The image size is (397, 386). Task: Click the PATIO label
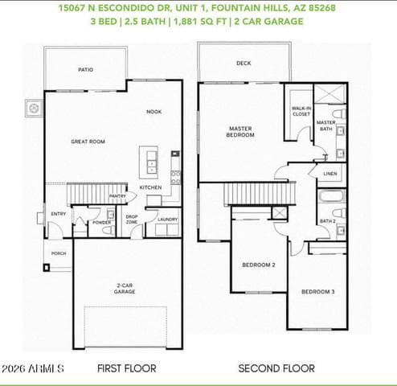[x=86, y=70]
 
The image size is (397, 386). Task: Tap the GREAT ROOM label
[x=88, y=142]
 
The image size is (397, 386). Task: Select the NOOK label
[x=154, y=112]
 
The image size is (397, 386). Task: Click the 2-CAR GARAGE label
[x=125, y=289]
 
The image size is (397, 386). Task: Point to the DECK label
[x=244, y=64]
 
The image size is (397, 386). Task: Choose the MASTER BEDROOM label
[x=240, y=132]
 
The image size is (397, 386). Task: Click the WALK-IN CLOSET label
[x=301, y=111]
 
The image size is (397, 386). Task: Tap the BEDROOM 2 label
[x=259, y=265]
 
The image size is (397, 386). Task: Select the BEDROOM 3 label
[x=318, y=292]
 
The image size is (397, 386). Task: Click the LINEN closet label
[x=330, y=174]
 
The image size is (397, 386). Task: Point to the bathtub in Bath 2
[x=331, y=195]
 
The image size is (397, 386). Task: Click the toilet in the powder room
[x=108, y=230]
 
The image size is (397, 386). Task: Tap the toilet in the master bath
[x=339, y=113]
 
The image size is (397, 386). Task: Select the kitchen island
[x=149, y=162]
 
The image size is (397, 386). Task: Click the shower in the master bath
[x=329, y=94]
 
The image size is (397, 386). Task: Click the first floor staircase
[x=96, y=194]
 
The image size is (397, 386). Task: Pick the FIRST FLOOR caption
[x=127, y=368]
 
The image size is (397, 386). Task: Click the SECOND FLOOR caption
[x=276, y=368]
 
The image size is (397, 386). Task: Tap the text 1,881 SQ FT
[x=200, y=22]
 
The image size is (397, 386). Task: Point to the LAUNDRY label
[x=167, y=220]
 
